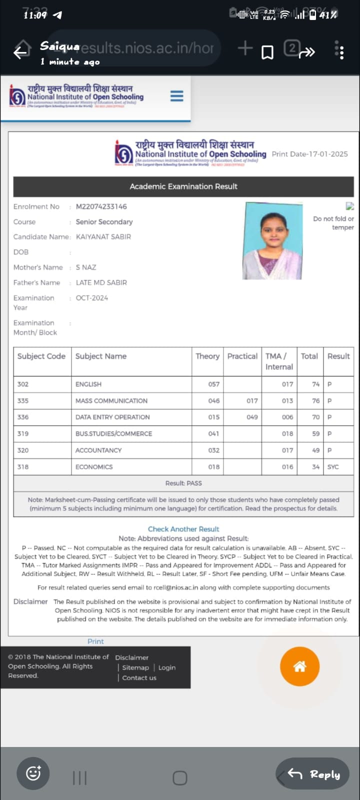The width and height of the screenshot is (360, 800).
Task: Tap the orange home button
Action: tap(299, 666)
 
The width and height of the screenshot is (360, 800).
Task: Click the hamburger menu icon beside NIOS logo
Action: tap(176, 96)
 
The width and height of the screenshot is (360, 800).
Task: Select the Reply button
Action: tap(313, 774)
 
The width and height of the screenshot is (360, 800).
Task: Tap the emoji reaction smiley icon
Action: tap(33, 773)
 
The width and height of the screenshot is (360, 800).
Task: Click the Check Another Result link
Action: tap(183, 529)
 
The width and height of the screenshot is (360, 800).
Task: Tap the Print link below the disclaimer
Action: tap(95, 641)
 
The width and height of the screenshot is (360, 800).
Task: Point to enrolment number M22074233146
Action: tap(101, 206)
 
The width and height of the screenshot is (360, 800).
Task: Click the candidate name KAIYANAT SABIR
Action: tap(103, 237)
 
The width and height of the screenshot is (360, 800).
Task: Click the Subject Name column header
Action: tap(101, 356)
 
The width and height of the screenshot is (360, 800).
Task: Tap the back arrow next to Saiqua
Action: tap(21, 52)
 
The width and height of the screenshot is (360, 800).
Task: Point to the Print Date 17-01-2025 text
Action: tap(310, 154)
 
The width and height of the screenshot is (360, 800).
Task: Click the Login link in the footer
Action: tap(167, 668)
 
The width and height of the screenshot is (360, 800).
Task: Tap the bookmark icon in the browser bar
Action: tap(268, 52)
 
